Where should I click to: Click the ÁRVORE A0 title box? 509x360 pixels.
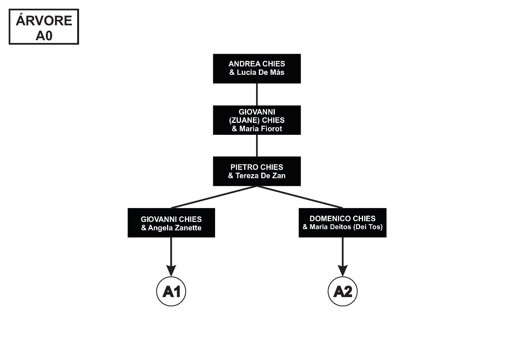click(44, 27)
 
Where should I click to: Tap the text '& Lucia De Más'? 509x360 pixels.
click(256, 72)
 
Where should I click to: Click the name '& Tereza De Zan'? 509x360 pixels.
click(256, 176)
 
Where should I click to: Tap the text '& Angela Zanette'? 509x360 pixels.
click(171, 228)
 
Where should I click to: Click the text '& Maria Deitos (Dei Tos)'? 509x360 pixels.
click(342, 228)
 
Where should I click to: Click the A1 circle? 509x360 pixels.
click(171, 292)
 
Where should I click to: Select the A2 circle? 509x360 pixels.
click(342, 292)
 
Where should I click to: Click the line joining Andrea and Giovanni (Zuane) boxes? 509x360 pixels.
click(256, 94)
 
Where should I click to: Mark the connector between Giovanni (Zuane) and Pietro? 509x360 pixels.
click(256, 146)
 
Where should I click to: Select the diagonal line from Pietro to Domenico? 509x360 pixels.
click(300, 197)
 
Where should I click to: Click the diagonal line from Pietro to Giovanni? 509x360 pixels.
click(214, 197)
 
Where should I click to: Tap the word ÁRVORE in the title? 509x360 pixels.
click(44, 21)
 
